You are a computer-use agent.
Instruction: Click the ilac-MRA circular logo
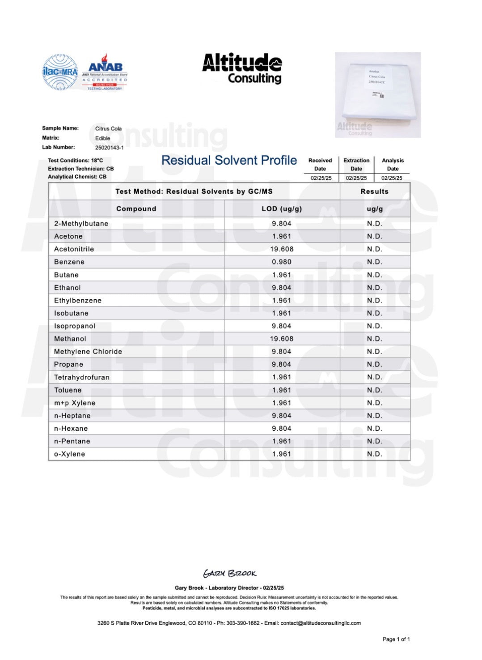[x=60, y=72]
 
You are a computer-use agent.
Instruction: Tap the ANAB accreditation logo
[x=105, y=72]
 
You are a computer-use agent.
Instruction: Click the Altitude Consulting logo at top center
[x=242, y=68]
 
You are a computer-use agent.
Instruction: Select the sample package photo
[x=378, y=95]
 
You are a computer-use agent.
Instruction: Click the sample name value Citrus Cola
[x=108, y=128]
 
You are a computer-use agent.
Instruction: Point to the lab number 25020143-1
[x=109, y=148]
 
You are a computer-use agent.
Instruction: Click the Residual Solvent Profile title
[x=229, y=160]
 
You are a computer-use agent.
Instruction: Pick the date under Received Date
[x=321, y=178]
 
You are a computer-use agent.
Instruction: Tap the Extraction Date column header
[x=356, y=164]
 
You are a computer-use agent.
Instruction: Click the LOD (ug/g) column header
[x=282, y=209]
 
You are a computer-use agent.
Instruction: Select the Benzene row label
[x=69, y=262]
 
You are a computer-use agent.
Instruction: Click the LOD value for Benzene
[x=282, y=262]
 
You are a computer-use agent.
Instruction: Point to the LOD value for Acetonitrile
[x=282, y=249]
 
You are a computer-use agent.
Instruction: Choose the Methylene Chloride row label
[x=88, y=352]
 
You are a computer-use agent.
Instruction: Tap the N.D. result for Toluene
[x=375, y=390]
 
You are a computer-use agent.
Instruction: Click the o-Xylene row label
[x=70, y=454]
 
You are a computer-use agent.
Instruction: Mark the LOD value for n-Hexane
[x=282, y=429]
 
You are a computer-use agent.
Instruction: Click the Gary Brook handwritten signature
[x=230, y=573]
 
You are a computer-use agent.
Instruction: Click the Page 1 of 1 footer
[x=396, y=639]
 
